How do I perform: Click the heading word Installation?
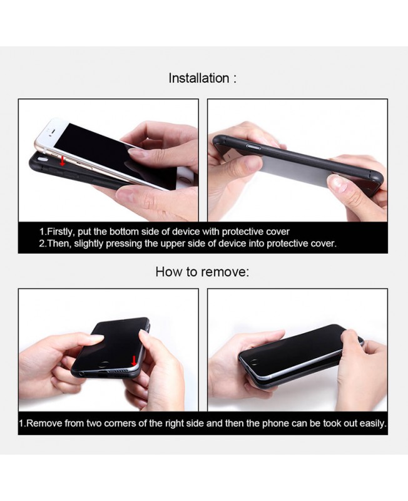point(199,78)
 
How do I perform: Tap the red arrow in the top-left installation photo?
point(62,161)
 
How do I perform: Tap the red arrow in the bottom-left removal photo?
point(134,361)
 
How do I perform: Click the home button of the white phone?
point(183,181)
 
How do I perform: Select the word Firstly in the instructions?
point(60,232)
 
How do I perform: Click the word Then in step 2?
point(59,244)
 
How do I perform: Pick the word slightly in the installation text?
point(89,244)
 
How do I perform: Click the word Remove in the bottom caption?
point(44,423)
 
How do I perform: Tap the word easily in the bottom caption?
point(373,423)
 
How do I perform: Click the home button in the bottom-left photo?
point(104,364)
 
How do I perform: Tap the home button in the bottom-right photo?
point(255,362)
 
